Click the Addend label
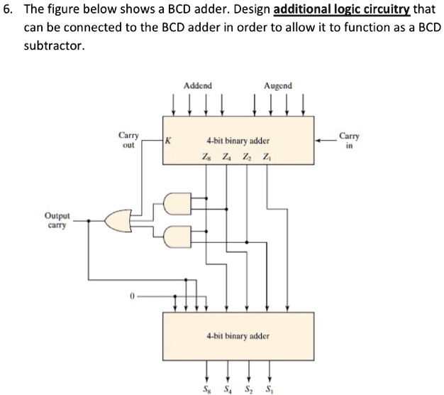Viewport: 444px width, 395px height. click(x=198, y=86)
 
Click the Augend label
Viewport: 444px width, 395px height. click(x=278, y=86)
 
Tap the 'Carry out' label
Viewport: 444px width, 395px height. click(x=128, y=139)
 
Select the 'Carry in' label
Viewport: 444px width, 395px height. click(x=349, y=139)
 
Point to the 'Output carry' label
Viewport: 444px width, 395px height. click(x=56, y=220)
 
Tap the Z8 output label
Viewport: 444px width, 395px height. click(x=206, y=156)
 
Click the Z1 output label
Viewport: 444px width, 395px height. click(x=267, y=156)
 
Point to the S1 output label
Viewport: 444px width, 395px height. click(x=270, y=388)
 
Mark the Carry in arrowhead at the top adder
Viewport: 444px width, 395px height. click(x=318, y=141)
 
